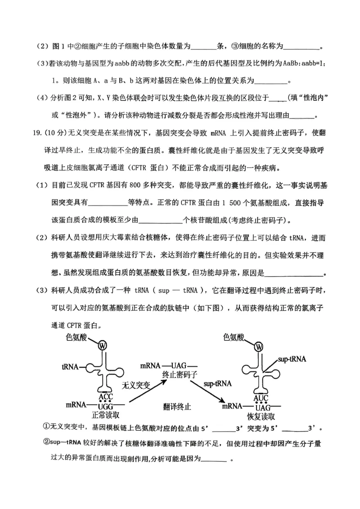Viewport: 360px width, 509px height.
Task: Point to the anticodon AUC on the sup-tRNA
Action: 261,398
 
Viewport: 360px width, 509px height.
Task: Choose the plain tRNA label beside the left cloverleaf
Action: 70,366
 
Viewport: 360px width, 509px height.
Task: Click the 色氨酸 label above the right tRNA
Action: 237,337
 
